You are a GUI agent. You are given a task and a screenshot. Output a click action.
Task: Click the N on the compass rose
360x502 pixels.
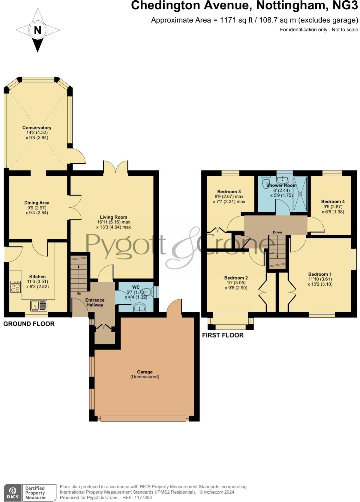click(37, 30)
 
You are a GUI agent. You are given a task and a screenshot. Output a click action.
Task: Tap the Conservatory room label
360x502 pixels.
click(37, 128)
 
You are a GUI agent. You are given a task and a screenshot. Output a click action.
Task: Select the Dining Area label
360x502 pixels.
click(37, 203)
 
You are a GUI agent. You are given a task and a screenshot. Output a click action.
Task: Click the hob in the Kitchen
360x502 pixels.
click(15, 287)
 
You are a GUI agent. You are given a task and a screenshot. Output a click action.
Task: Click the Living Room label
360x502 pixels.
click(113, 217)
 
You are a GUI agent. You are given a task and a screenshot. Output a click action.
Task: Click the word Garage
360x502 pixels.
click(145, 372)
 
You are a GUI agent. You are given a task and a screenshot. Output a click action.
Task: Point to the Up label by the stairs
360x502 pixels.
click(79, 293)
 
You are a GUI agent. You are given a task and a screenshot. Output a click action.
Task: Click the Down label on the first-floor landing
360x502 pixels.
click(277, 232)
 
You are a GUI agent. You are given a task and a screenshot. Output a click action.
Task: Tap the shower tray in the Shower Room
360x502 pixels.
click(300, 194)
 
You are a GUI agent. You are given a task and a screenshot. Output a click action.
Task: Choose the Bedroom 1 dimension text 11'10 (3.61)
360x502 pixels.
click(320, 279)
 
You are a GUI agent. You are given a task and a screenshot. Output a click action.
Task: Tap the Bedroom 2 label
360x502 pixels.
click(236, 278)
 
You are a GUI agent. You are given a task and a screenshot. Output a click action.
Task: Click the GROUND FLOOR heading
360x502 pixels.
click(29, 324)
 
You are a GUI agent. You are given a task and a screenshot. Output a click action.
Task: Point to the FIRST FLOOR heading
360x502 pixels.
click(223, 335)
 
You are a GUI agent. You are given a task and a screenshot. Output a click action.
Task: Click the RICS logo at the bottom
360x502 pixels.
click(13, 493)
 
